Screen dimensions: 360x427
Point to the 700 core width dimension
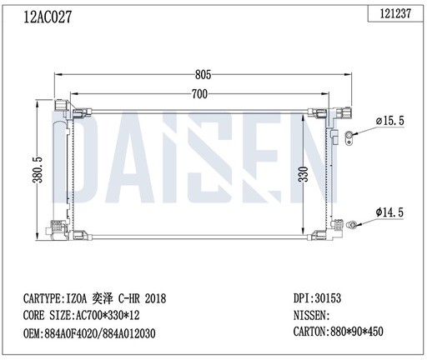[198, 94]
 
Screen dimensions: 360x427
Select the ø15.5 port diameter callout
[390, 122]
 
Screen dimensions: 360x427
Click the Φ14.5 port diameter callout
[390, 213]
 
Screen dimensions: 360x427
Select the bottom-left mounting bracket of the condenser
[58, 228]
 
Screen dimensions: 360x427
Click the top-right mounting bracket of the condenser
[344, 112]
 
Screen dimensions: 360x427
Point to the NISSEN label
[312, 316]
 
